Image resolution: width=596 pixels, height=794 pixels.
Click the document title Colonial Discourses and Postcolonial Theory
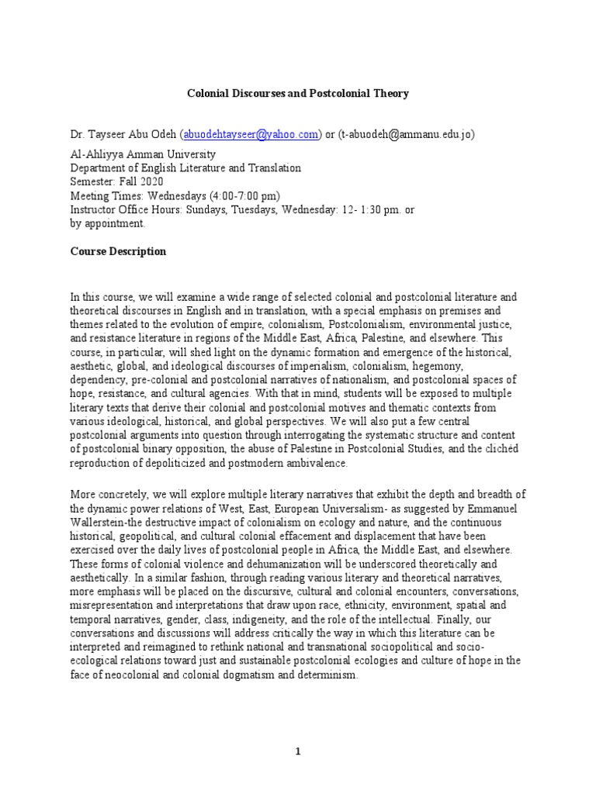(x=298, y=93)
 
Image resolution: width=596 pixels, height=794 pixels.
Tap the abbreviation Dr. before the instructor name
(x=77, y=134)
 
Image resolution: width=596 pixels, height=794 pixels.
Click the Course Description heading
(x=118, y=251)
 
